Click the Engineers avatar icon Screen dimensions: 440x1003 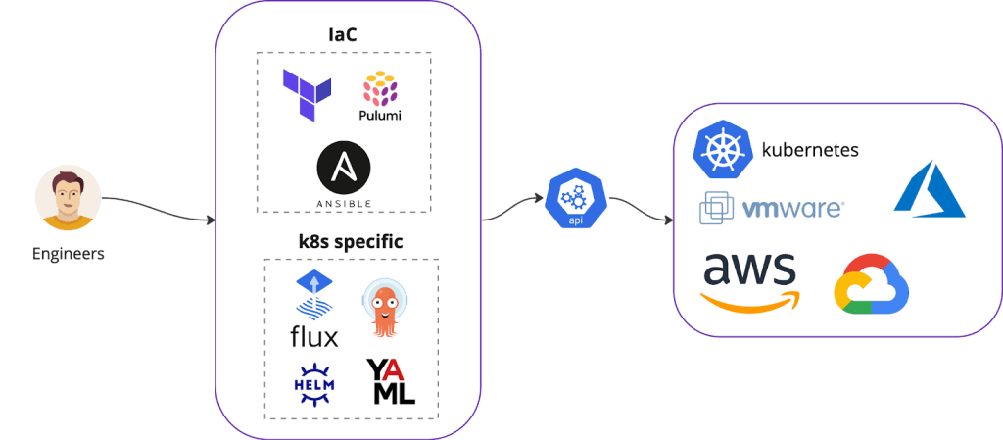point(67,198)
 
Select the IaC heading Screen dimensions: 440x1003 point(342,35)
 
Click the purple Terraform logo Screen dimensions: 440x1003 point(306,96)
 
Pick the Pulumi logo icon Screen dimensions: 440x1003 point(381,90)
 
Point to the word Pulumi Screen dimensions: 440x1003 point(380,116)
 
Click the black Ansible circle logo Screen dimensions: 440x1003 point(343,168)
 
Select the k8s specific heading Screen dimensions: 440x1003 point(350,240)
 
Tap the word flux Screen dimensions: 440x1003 point(314,337)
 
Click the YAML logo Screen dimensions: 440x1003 point(391,381)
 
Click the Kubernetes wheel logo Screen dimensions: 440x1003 point(721,149)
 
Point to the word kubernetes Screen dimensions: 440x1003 point(810,150)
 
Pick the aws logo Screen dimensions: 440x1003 point(751,280)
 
